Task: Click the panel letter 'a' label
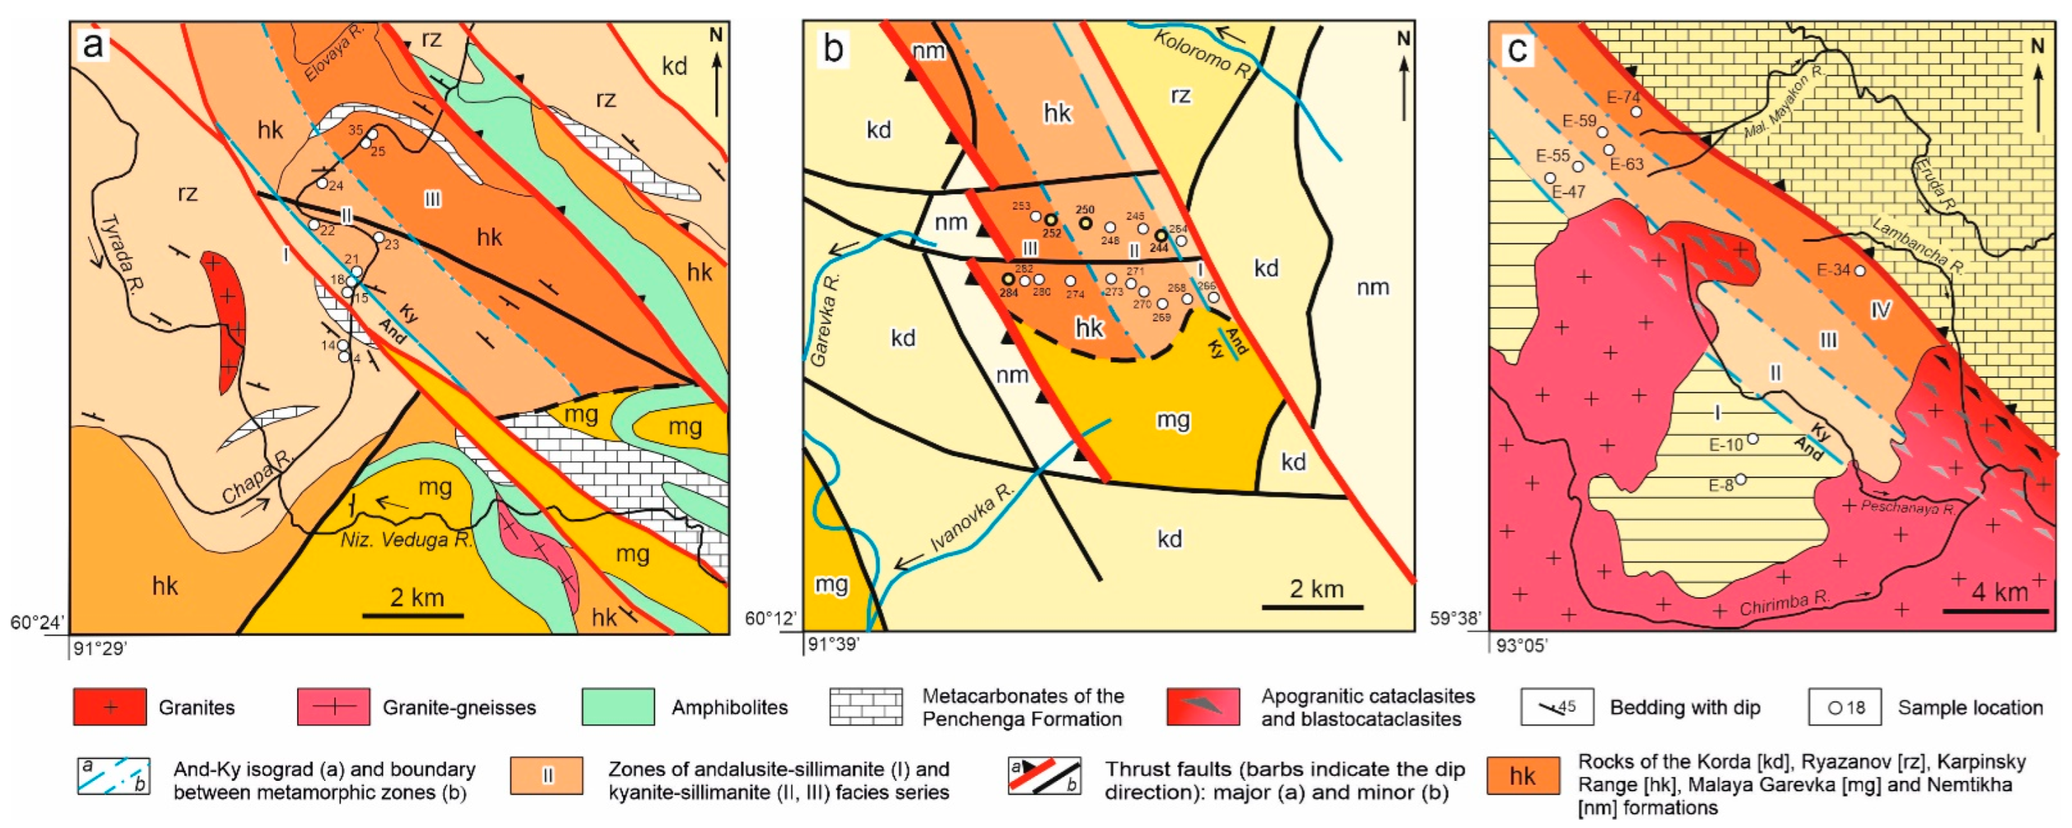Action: pos(93,46)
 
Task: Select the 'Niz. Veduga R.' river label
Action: pos(406,539)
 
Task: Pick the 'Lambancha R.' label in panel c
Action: pos(1919,245)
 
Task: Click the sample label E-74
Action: pos(1623,97)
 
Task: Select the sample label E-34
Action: pos(1834,270)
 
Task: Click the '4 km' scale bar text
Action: pos(1999,593)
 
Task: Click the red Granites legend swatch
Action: pos(110,707)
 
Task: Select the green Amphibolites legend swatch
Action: pos(618,707)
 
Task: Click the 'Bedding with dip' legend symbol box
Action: pos(1556,707)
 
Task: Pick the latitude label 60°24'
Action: pos(36,623)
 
